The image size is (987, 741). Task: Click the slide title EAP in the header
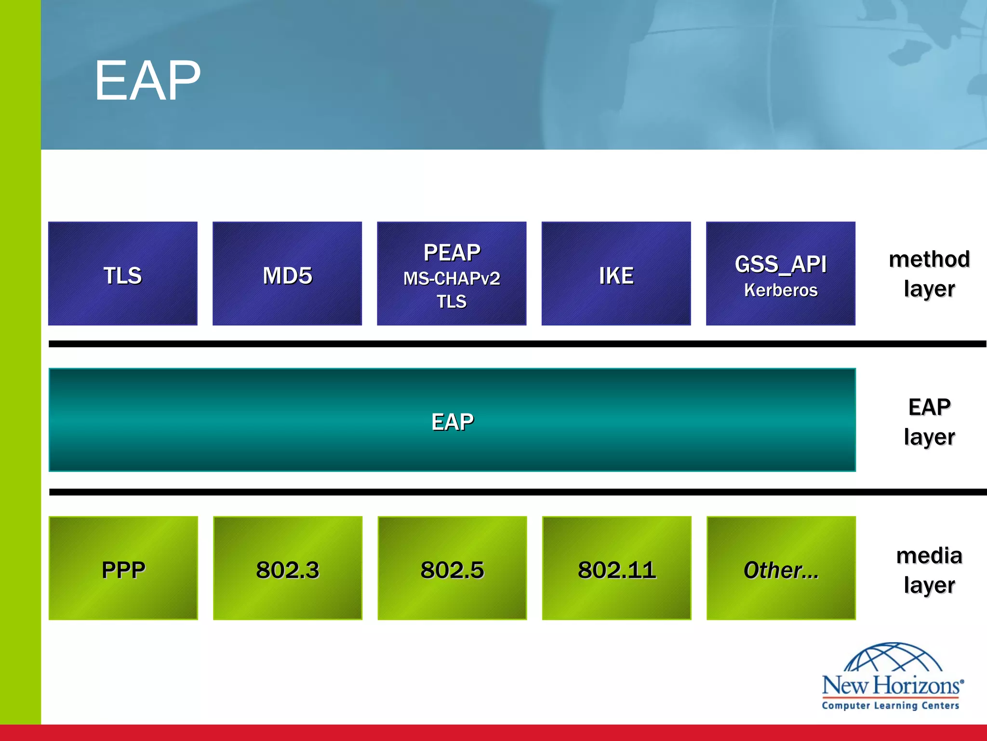147,81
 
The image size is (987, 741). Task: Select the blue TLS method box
123,274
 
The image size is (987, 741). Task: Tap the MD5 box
287,274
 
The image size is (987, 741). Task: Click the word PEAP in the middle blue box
452,252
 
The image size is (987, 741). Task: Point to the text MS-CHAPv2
452,278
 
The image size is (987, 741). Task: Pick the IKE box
616,274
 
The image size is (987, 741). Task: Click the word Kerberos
781,290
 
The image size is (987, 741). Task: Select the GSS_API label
781,264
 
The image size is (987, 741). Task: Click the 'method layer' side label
929,274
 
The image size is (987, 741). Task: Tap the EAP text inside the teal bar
452,422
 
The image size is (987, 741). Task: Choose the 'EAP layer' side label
929,422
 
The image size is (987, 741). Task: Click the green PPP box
123,568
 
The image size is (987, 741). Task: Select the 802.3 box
288,568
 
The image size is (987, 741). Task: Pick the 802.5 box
452,568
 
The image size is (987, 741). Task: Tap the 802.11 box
616,568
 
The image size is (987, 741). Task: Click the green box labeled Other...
781,568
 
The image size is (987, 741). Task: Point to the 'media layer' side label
929,570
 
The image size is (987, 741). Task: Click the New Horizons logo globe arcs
893,658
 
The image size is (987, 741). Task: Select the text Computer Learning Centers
890,705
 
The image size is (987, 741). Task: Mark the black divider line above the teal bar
482,344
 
